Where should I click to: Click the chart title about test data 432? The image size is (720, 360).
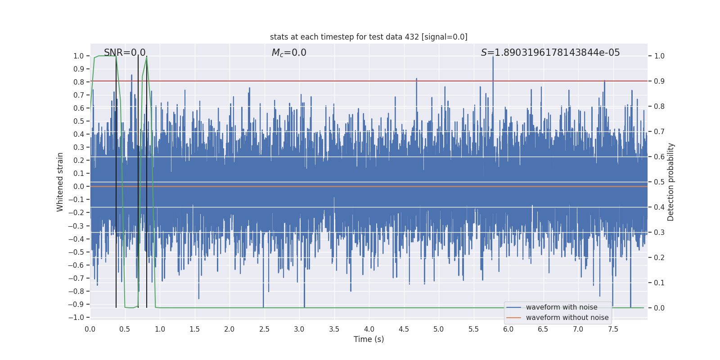369,37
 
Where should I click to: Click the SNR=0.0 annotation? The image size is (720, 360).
125,53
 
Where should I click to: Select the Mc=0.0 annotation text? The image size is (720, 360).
289,53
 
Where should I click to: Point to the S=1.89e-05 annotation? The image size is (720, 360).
550,53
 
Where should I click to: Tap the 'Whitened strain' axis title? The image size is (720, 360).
60,182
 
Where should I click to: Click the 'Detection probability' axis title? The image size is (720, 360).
671,182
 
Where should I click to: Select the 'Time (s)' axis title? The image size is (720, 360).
369,339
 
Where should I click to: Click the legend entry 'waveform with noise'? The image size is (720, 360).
562,307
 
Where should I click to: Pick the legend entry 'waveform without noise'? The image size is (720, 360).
567,318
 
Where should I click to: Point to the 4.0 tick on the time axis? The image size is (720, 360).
369,329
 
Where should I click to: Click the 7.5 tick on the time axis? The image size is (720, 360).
613,329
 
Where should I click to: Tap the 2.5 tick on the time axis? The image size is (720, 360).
264,329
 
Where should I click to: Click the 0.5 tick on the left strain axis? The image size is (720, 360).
79,121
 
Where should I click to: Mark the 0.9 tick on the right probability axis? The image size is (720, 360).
659,81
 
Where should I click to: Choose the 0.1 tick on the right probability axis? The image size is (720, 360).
659,283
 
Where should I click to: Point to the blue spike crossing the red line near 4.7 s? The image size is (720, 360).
416,79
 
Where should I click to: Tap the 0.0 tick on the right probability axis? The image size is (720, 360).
659,308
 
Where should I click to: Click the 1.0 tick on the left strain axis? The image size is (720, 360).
79,56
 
